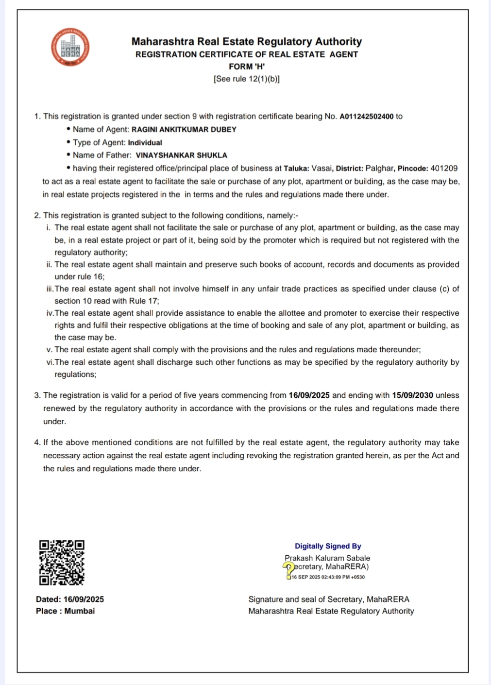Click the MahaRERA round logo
point(70,48)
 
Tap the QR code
point(62,562)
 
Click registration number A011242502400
point(366,117)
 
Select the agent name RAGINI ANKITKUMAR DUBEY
point(184,130)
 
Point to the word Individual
point(145,143)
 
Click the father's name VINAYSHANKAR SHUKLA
point(181,155)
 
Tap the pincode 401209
point(444,169)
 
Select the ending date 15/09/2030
point(412,395)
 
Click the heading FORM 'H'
point(247,67)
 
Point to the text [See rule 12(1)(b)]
point(247,79)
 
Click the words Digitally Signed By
point(328,546)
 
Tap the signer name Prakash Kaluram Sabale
point(327,558)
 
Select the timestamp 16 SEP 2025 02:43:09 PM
point(328,577)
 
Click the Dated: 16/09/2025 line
point(70,599)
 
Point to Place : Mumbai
point(65,611)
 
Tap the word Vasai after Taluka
point(322,169)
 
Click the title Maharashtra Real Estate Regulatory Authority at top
point(247,42)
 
